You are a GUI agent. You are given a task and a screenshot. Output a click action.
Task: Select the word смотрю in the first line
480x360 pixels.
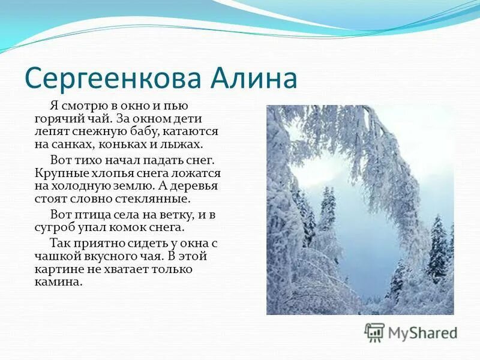click(x=83, y=106)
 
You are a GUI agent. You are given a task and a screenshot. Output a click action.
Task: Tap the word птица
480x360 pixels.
click(x=87, y=215)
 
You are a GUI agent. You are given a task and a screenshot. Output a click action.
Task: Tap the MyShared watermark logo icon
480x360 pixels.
click(x=374, y=332)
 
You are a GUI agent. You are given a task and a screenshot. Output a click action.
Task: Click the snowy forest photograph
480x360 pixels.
click(x=360, y=210)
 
